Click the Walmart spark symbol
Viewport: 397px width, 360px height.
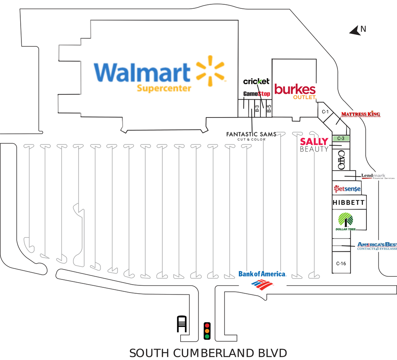point(210,73)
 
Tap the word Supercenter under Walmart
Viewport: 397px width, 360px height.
point(164,88)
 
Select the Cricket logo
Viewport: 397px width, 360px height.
point(256,81)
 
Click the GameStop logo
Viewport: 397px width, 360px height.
point(256,94)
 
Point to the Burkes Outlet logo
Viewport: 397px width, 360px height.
point(295,91)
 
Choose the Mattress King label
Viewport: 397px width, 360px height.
point(360,115)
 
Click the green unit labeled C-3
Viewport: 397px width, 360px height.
point(340,139)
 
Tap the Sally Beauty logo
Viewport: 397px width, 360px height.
point(314,145)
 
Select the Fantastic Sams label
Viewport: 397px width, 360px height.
point(251,135)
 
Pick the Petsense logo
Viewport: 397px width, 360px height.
point(347,189)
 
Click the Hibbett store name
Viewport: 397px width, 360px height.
point(348,203)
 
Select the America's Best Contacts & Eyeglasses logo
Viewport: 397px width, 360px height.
point(377,246)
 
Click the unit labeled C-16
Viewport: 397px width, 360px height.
point(341,263)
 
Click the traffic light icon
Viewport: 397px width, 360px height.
point(206,331)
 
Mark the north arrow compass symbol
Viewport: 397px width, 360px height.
point(355,31)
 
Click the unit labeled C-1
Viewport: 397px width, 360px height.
point(325,112)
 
